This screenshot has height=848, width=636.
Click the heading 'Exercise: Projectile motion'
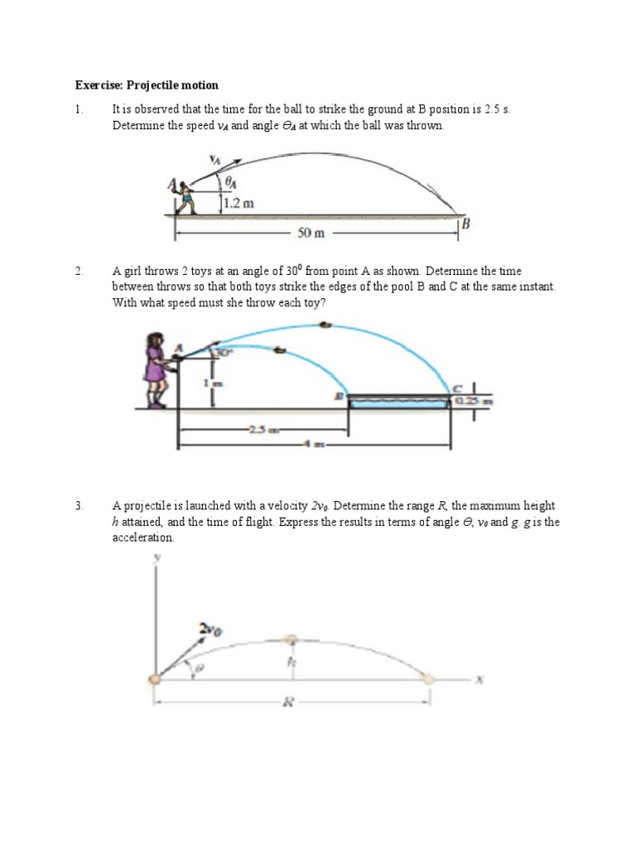pos(147,85)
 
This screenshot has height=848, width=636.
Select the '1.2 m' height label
pos(238,201)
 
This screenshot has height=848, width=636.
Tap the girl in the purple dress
pos(155,369)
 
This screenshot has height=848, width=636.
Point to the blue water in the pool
pos(398,402)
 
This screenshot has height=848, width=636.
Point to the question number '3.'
pos(79,505)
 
